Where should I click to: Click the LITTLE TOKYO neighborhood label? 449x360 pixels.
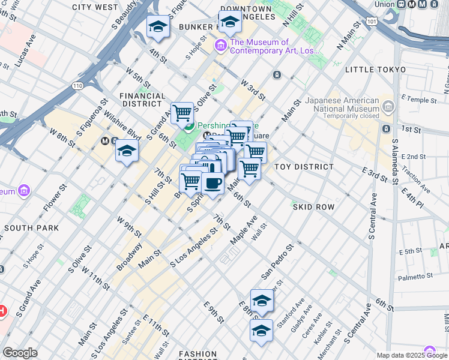375,70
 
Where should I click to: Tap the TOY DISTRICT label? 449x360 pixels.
304,167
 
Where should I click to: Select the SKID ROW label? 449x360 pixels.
313,207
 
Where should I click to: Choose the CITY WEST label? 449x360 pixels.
95,7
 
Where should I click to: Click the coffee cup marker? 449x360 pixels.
212,182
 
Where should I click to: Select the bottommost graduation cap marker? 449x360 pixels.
261,331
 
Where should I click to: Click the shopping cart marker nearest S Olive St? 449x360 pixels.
182,112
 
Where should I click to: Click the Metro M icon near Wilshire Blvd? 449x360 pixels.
104,141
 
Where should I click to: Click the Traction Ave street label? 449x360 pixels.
419,181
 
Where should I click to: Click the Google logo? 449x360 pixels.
20,353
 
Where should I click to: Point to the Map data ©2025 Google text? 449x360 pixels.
412,355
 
